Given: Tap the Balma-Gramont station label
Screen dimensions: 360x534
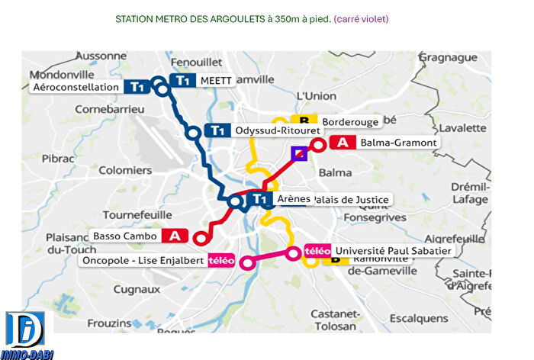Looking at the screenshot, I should pyautogui.click(x=398, y=143).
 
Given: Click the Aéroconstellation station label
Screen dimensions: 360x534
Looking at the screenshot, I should pyautogui.click(x=79, y=88).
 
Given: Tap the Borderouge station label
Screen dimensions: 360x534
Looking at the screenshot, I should pyautogui.click(x=350, y=122).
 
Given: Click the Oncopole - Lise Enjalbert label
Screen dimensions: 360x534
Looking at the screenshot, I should pyautogui.click(x=143, y=260).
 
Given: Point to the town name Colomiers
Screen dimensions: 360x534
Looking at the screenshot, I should pyautogui.click(x=126, y=171).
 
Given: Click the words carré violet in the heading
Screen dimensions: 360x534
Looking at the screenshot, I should pyautogui.click(x=361, y=18).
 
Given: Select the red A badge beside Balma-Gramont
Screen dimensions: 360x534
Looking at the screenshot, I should pyautogui.click(x=343, y=143).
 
